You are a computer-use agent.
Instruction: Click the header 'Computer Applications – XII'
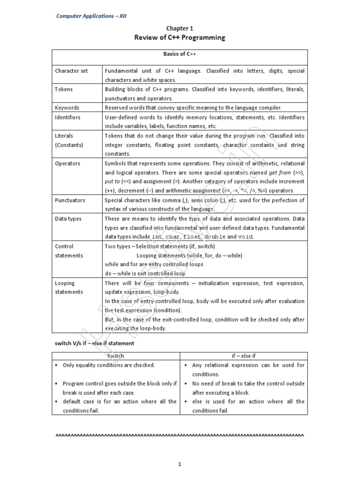(x=91, y=16)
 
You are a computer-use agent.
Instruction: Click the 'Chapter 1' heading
(x=180, y=28)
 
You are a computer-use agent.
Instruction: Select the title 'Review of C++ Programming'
(x=180, y=37)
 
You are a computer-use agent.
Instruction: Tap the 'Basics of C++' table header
(x=180, y=54)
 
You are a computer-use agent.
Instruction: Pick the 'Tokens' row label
(x=64, y=89)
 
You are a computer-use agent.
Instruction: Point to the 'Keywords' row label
(x=67, y=107)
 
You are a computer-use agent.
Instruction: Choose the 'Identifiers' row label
(x=67, y=117)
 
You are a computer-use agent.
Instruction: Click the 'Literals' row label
(x=65, y=135)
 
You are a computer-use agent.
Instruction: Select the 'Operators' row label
(x=67, y=163)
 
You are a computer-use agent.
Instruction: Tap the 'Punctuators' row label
(x=70, y=200)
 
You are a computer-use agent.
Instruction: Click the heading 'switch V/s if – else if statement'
(x=95, y=343)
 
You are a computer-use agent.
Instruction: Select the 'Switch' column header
(x=116, y=356)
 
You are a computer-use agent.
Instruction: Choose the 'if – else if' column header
(x=243, y=356)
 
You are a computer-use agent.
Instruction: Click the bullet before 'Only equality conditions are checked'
(x=57, y=365)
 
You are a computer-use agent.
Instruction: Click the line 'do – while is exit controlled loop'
(x=145, y=273)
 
